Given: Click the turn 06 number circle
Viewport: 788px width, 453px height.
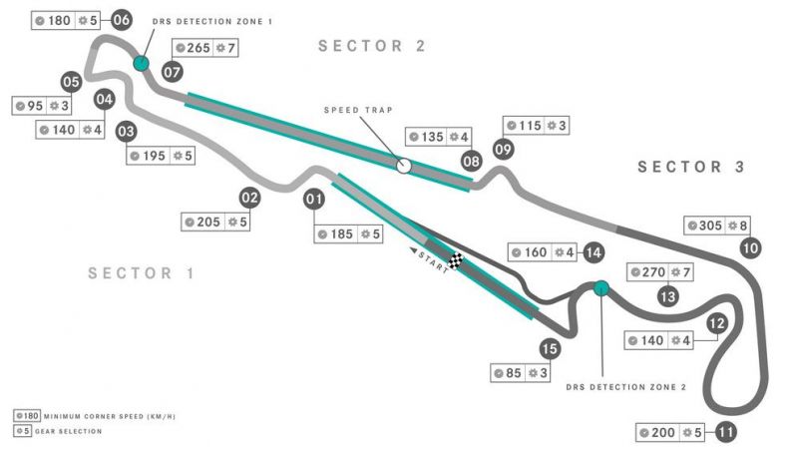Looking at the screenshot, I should [122, 20].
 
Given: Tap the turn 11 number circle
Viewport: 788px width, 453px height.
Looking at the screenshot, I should [725, 433].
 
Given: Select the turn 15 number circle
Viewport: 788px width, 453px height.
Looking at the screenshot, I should [549, 348].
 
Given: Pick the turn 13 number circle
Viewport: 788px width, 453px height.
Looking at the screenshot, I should [668, 295].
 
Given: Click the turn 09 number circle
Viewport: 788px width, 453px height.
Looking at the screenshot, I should [503, 150].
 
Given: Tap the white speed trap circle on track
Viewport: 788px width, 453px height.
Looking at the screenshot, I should [404, 166].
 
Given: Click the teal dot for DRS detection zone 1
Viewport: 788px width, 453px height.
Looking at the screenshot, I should [141, 64].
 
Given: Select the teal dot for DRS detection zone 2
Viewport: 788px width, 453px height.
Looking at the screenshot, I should [600, 289].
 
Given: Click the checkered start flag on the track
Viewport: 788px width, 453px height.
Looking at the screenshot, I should [456, 262].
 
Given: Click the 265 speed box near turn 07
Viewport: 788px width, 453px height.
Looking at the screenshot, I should [204, 48].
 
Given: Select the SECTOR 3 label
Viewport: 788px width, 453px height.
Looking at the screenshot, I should [691, 167].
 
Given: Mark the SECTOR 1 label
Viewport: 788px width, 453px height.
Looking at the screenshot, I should [141, 273].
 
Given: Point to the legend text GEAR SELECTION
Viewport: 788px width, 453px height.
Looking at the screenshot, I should [67, 431].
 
